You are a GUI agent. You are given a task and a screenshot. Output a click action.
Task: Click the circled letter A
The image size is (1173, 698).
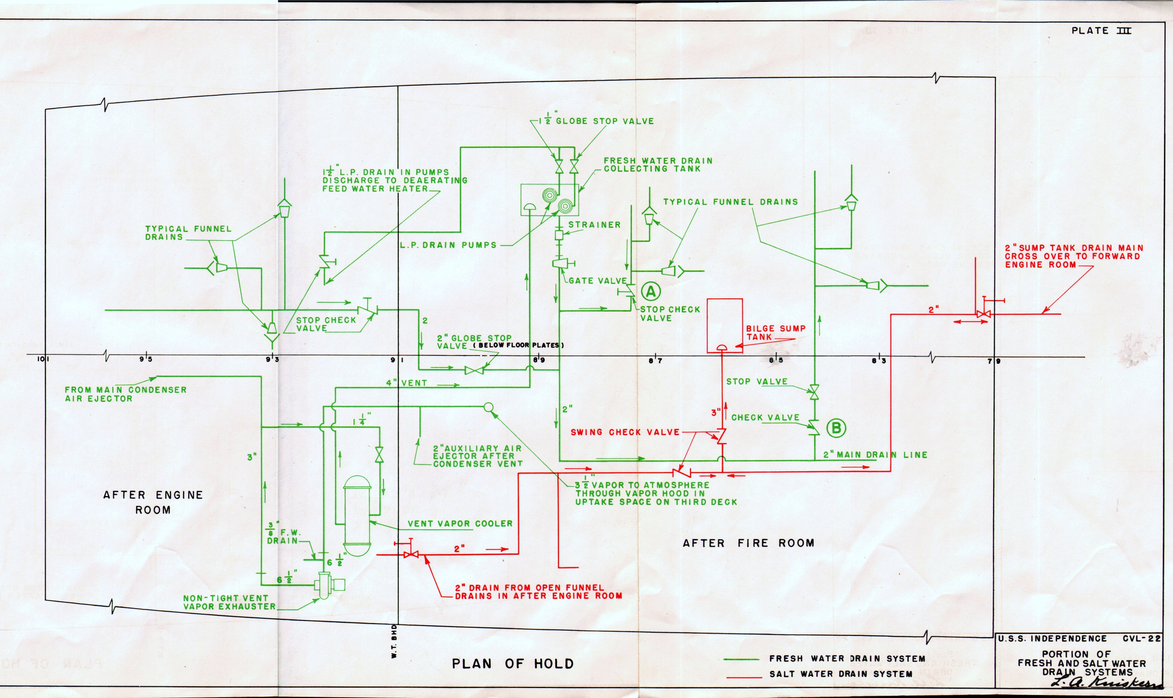[x=651, y=292]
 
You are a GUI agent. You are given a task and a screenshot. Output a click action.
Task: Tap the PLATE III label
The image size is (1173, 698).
[x=1101, y=31]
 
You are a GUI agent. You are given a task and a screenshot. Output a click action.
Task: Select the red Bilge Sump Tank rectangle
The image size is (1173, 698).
[x=724, y=325]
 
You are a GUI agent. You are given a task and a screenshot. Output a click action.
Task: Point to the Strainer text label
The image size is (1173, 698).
[x=594, y=225]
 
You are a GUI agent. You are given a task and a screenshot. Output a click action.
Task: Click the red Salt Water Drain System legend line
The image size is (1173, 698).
[x=744, y=678]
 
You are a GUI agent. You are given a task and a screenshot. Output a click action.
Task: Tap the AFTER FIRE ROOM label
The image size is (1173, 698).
[x=748, y=543]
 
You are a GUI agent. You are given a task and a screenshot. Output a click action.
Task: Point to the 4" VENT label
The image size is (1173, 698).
[x=407, y=383]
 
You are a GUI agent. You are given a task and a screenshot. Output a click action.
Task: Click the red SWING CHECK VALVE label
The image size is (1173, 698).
[x=625, y=432]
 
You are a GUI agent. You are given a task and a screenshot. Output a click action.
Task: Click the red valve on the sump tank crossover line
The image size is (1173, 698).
[x=983, y=314]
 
